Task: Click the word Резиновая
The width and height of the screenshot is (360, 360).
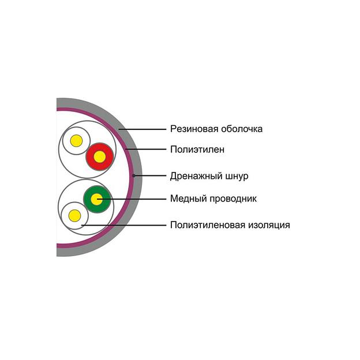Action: click(x=194, y=129)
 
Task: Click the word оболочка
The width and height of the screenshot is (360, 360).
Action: click(x=242, y=129)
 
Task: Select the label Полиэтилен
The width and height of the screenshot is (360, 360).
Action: click(x=197, y=149)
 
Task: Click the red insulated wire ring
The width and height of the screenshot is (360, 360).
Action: click(x=100, y=157)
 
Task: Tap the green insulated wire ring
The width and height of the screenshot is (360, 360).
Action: click(x=97, y=199)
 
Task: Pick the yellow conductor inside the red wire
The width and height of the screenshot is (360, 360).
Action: click(x=100, y=157)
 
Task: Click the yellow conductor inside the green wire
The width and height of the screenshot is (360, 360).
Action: click(x=97, y=199)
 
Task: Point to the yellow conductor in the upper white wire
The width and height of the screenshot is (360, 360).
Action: click(x=76, y=141)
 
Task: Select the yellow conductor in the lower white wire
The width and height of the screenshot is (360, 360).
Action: click(x=75, y=216)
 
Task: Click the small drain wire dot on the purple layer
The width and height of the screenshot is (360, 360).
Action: click(x=134, y=175)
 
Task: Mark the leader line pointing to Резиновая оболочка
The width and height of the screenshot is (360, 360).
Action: click(x=142, y=129)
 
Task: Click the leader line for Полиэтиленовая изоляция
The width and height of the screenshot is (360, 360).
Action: click(x=123, y=225)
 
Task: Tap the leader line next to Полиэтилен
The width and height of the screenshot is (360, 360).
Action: click(x=146, y=149)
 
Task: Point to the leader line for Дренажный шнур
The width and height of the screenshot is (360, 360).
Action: click(x=150, y=175)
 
